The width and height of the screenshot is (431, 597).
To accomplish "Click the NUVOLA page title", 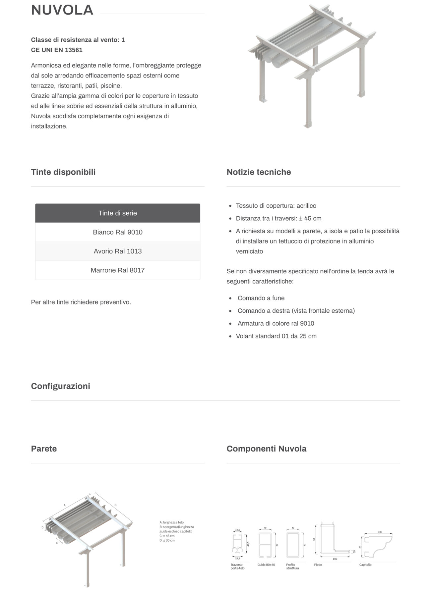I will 62,10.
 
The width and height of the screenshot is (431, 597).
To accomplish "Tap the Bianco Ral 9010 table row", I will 118,232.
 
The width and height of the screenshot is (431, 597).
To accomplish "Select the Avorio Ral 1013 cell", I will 118,251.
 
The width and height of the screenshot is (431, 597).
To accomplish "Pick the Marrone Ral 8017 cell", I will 118,270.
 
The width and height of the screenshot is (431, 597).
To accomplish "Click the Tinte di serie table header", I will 118,213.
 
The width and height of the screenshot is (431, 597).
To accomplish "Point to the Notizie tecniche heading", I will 259,172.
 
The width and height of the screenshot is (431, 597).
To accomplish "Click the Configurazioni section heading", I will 60,386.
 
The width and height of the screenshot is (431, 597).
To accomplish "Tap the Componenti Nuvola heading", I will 266,449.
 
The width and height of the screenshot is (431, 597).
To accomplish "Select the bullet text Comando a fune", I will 261,298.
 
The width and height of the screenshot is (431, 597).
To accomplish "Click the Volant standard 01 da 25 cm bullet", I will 276,336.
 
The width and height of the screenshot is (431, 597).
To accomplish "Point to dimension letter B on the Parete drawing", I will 115,505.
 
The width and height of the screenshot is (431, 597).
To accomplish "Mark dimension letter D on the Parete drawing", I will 42,527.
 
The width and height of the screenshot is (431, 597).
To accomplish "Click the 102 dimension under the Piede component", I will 335,559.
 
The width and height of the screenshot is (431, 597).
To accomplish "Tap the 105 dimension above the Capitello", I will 380,532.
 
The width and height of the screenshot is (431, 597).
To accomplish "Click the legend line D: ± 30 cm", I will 167,540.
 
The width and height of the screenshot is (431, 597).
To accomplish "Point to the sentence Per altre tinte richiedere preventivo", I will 81,302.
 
